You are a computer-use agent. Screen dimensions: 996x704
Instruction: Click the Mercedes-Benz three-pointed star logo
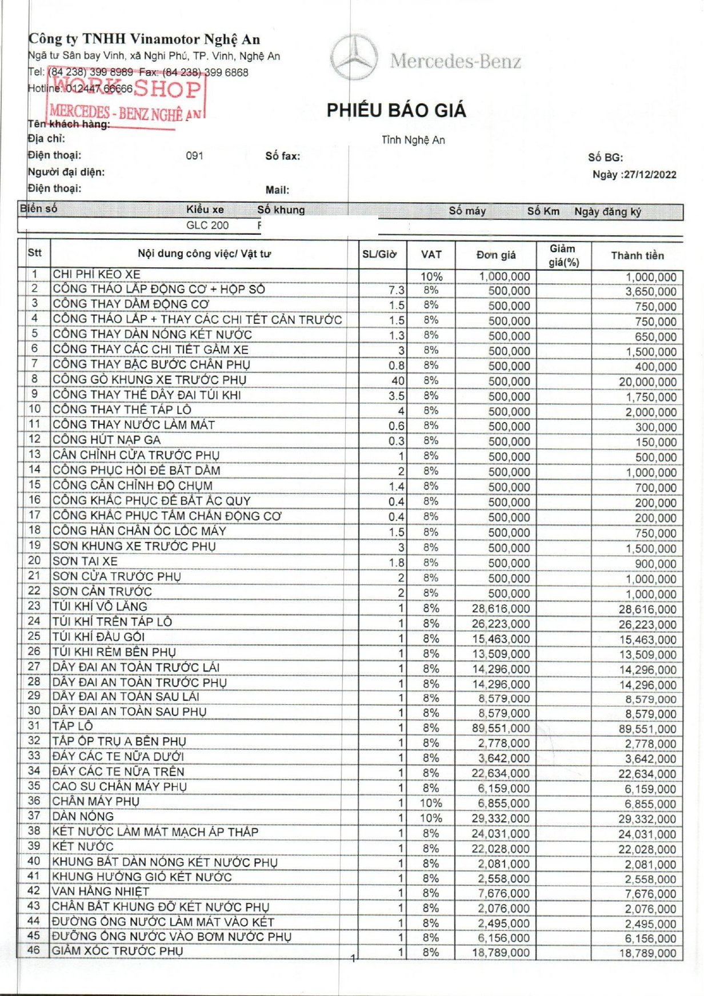pyautogui.click(x=354, y=58)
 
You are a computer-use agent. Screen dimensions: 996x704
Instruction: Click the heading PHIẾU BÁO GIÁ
pyautogui.click(x=396, y=110)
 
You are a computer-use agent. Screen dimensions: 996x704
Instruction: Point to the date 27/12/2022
pyautogui.click(x=650, y=175)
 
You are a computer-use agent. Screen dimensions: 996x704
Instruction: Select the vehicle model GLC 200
pyautogui.click(x=207, y=225)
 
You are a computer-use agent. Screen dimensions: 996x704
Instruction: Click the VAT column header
pyautogui.click(x=431, y=255)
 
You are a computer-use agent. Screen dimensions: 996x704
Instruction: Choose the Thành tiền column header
pyautogui.click(x=637, y=255)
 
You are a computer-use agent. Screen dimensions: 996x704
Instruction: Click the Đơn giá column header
pyautogui.click(x=496, y=255)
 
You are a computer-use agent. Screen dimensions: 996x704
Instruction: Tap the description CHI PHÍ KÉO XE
pyautogui.click(x=97, y=274)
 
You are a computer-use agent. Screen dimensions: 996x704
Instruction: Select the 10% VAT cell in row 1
pyautogui.click(x=431, y=276)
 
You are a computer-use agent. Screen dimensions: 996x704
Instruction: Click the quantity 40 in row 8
pyautogui.click(x=398, y=381)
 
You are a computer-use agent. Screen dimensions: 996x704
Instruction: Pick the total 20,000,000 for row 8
pyautogui.click(x=647, y=382)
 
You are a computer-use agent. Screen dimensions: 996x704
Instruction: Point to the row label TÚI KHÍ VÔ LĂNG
pyautogui.click(x=100, y=607)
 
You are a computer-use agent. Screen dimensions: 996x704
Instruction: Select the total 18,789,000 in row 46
pyautogui.click(x=647, y=953)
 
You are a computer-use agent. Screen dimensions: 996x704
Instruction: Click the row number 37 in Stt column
pyautogui.click(x=34, y=816)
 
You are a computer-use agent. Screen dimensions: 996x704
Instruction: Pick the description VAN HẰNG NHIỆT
pyautogui.click(x=101, y=891)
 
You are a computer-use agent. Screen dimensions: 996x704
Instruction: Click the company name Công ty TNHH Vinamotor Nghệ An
pyautogui.click(x=144, y=39)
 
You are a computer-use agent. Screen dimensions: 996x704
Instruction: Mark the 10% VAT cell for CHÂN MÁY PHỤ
pyautogui.click(x=431, y=803)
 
